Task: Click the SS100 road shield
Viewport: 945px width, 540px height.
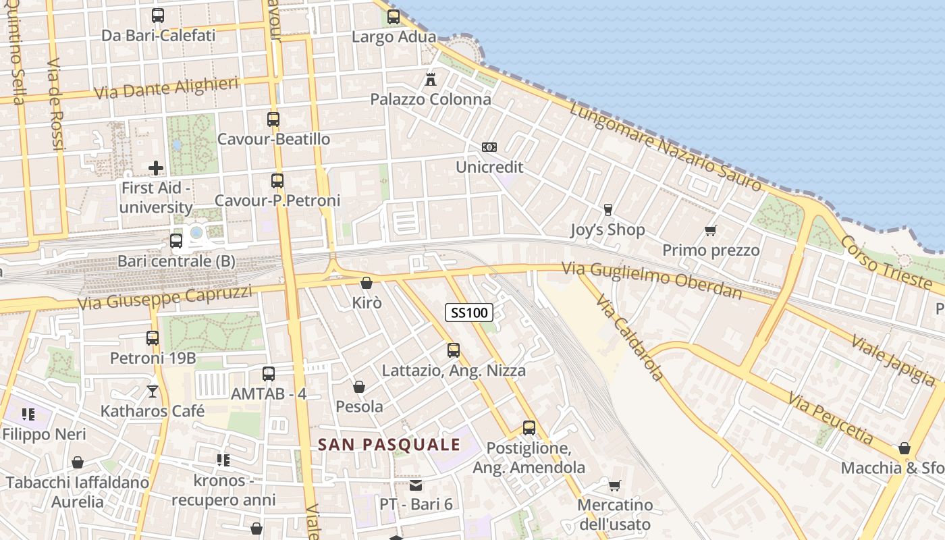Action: click(469, 313)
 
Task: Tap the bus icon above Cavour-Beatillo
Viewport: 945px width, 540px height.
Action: click(273, 119)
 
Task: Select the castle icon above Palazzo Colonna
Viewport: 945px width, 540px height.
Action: click(431, 79)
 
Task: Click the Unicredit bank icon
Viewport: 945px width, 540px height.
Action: click(489, 147)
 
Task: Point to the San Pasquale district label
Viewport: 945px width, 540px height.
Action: click(389, 445)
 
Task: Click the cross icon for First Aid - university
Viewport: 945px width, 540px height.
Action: click(156, 167)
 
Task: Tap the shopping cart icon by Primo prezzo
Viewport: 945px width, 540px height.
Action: click(710, 231)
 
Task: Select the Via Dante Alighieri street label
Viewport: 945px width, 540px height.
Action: click(167, 88)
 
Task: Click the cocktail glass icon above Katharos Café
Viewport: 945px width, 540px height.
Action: click(153, 391)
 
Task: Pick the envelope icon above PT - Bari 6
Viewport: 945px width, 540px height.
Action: click(416, 485)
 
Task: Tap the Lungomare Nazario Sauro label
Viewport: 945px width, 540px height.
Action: click(666, 146)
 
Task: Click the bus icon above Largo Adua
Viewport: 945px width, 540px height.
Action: click(394, 17)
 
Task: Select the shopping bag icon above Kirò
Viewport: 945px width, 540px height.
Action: click(367, 283)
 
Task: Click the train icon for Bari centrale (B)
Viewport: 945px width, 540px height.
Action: click(176, 240)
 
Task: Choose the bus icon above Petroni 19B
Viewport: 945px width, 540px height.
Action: click(153, 338)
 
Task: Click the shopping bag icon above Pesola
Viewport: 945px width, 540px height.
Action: click(359, 387)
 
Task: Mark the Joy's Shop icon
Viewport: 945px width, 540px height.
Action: click(607, 210)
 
